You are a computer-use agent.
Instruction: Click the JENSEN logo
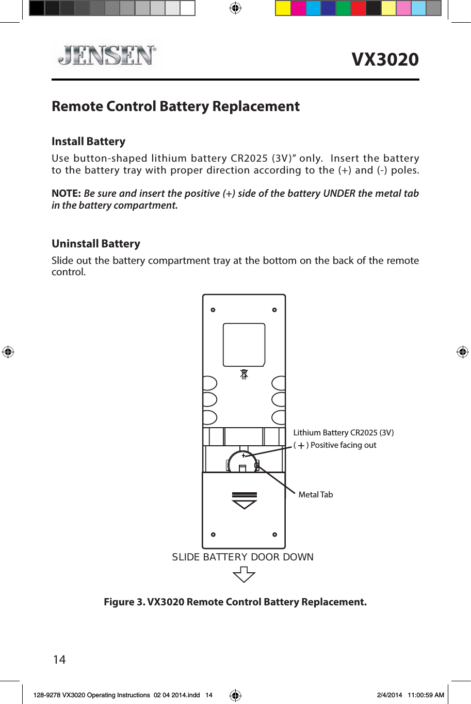pos(107,55)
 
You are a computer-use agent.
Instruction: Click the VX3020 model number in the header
pos(385,59)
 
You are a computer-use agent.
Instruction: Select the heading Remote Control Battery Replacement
pos(175,106)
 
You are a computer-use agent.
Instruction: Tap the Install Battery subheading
pos(88,142)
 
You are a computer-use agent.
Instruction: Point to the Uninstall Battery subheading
pos(96,244)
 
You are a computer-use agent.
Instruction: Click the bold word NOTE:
pos(66,194)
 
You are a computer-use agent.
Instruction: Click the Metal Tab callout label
pos(315,495)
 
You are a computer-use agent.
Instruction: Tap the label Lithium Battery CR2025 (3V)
pos(343,433)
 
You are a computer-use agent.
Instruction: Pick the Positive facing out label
pos(343,445)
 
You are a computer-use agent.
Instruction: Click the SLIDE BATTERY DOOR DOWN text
pos(242,557)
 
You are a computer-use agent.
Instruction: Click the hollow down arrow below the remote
pos(244,574)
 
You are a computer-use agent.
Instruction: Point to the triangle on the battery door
pos(244,504)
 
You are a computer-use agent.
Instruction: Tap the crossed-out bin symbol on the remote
pos(244,373)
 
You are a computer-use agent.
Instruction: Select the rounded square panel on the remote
pos(244,345)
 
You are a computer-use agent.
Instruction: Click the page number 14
pos(59,660)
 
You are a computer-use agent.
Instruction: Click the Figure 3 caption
pos(235,602)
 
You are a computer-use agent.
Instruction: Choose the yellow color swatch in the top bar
pos(283,8)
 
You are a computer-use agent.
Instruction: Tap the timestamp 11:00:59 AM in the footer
pos(426,695)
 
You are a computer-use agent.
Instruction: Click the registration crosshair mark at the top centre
pos(235,8)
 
